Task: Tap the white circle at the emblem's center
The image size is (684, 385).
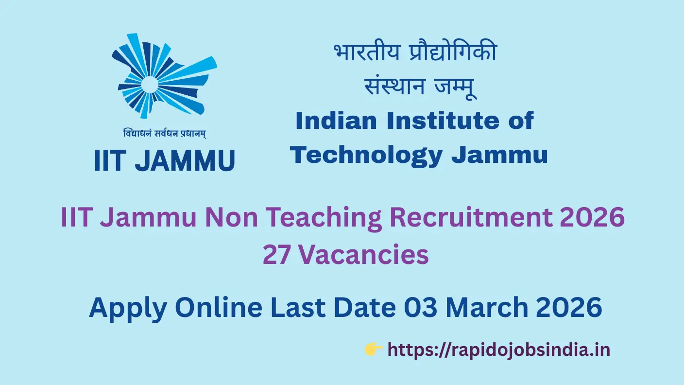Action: (x=150, y=85)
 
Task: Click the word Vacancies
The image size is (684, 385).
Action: (x=364, y=254)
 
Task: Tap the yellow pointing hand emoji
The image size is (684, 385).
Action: (x=373, y=349)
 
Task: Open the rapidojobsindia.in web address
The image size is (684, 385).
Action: (x=498, y=350)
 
